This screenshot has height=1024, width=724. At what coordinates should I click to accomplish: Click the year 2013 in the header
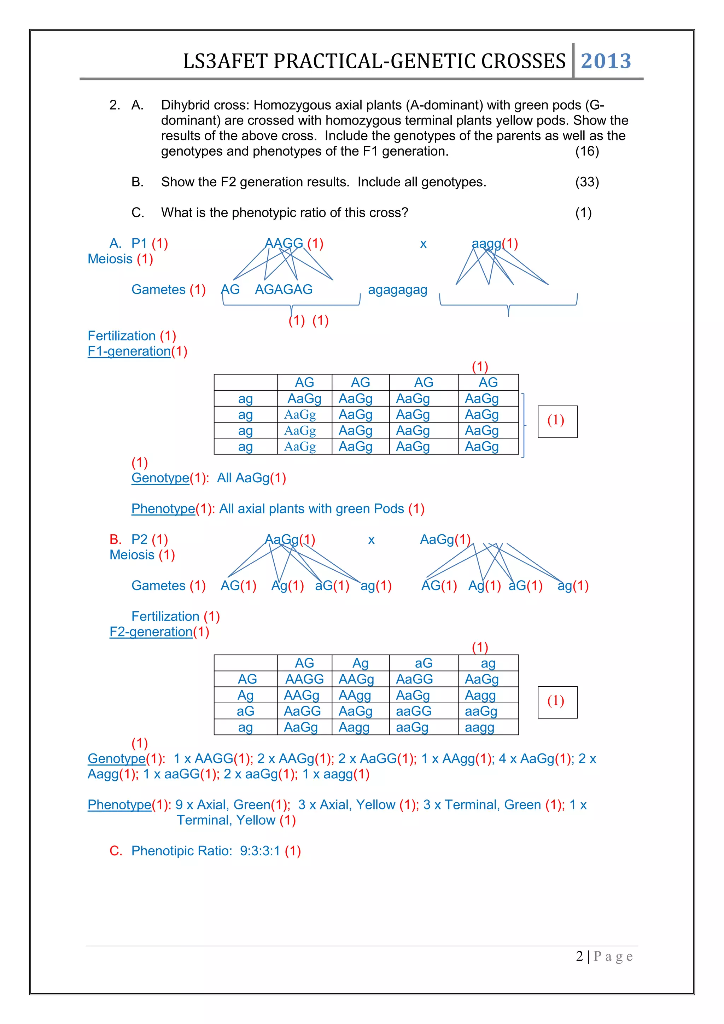[x=606, y=61]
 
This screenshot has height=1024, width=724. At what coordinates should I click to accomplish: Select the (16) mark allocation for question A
[x=587, y=151]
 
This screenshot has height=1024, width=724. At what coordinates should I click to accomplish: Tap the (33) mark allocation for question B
[x=587, y=182]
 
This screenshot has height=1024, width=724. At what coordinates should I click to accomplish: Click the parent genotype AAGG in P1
[x=284, y=244]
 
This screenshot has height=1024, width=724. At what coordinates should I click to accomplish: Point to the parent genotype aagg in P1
[x=486, y=244]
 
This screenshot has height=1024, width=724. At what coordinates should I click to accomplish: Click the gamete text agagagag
[x=397, y=290]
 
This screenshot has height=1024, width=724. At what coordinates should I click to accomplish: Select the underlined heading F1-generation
[x=129, y=351]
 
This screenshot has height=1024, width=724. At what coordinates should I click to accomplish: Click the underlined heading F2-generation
[x=151, y=632]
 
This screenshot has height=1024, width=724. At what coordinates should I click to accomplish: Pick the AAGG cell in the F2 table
[x=304, y=679]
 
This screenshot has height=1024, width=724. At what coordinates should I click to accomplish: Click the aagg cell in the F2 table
[x=479, y=727]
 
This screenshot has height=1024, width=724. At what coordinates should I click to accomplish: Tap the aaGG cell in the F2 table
[x=413, y=711]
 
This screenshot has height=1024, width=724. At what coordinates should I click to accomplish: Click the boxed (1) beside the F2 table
[x=557, y=702]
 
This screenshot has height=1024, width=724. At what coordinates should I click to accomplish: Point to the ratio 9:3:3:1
[x=259, y=851]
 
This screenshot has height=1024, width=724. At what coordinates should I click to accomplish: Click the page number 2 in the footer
[x=579, y=956]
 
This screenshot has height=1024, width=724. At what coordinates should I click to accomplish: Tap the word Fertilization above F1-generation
[x=121, y=336]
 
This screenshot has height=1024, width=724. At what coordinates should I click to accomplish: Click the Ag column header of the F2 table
[x=360, y=663]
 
